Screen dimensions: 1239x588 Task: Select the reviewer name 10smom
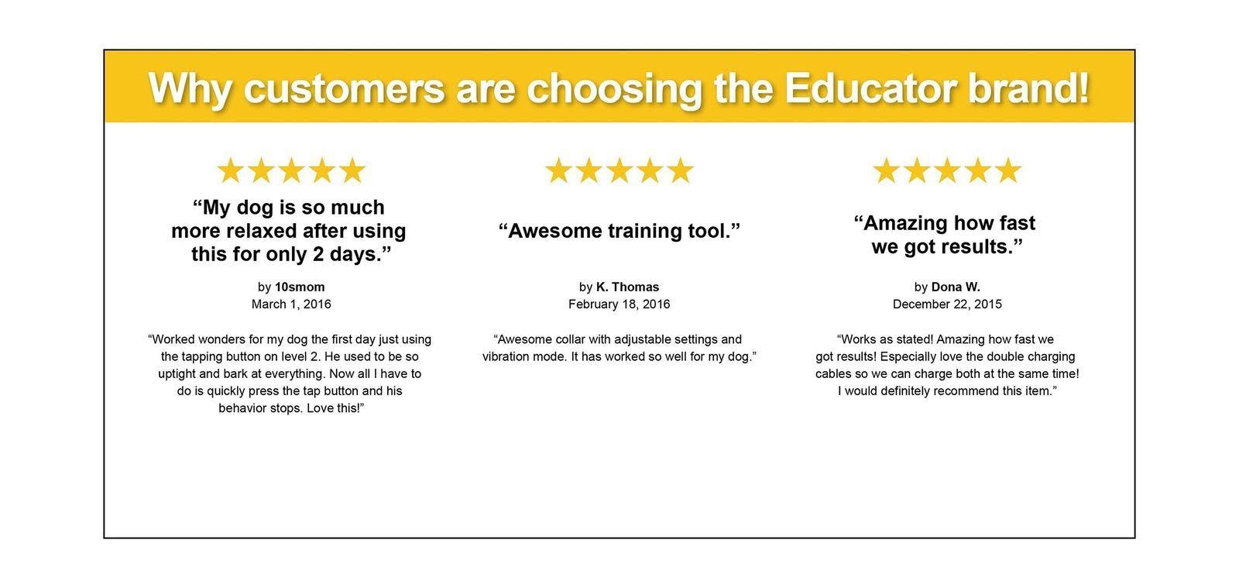coord(300,287)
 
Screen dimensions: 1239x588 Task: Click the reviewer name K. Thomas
coord(627,287)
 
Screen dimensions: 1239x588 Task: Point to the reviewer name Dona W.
coord(956,287)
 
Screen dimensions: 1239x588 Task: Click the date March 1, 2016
coord(291,304)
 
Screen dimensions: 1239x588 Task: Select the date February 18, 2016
coord(619,304)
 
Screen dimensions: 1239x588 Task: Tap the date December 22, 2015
coord(947,304)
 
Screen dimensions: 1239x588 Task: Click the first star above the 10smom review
coord(229,170)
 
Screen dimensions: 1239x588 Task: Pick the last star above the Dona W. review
coord(1007,170)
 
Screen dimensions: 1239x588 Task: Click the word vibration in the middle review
coord(506,357)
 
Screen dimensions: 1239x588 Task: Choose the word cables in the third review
coord(832,374)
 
